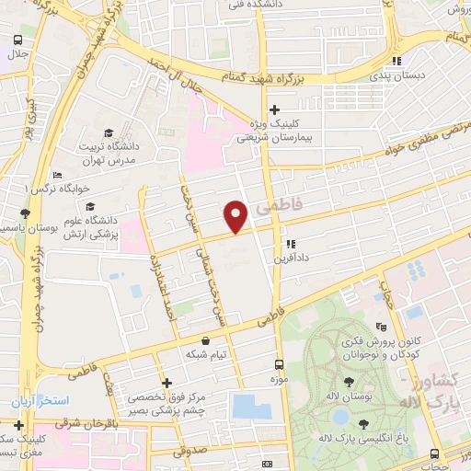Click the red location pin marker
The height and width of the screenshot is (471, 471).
point(236,215)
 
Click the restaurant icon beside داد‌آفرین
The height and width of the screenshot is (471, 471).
point(291,245)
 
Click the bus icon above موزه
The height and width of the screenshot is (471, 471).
point(279,364)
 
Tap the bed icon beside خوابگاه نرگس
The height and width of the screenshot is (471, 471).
point(59,175)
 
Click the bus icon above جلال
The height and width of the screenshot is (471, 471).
point(17,40)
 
